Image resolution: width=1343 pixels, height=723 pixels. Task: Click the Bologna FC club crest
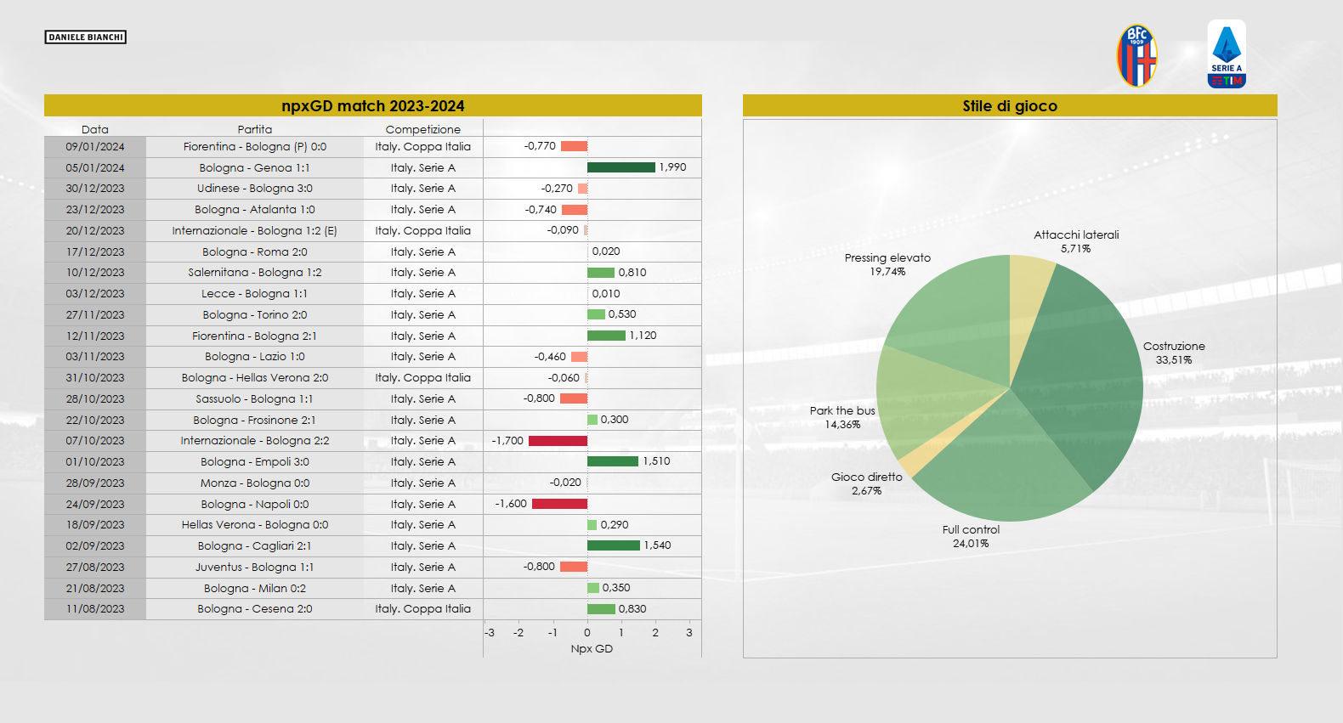[x=1136, y=56]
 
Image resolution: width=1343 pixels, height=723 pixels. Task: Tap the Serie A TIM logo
[x=1227, y=54]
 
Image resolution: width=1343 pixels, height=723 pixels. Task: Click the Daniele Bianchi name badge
[x=85, y=37]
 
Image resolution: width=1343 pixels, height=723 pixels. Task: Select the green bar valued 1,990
[x=620, y=167]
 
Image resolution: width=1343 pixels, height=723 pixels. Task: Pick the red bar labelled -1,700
[x=558, y=441]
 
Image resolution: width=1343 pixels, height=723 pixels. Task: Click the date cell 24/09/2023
[x=95, y=504]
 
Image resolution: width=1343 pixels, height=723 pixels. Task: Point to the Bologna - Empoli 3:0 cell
[x=254, y=462]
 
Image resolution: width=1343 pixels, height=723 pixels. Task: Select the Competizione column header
[x=422, y=129]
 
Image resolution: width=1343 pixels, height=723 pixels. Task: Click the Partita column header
[x=254, y=129]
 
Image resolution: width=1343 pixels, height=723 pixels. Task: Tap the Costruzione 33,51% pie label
[x=1173, y=353]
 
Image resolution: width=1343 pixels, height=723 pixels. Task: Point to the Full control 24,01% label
[x=971, y=536]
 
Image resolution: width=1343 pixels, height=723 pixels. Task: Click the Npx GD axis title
[x=592, y=649]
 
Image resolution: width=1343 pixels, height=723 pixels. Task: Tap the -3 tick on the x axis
[x=490, y=633]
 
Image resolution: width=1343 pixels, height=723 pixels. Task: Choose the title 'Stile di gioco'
[x=1010, y=106]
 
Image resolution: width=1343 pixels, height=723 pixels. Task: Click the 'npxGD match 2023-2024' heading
[x=372, y=106]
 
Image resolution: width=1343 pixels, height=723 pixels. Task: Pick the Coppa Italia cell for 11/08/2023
[x=422, y=609]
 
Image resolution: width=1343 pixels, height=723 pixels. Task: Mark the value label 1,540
[x=657, y=545]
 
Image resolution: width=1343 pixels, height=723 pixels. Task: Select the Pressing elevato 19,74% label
[x=887, y=264]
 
